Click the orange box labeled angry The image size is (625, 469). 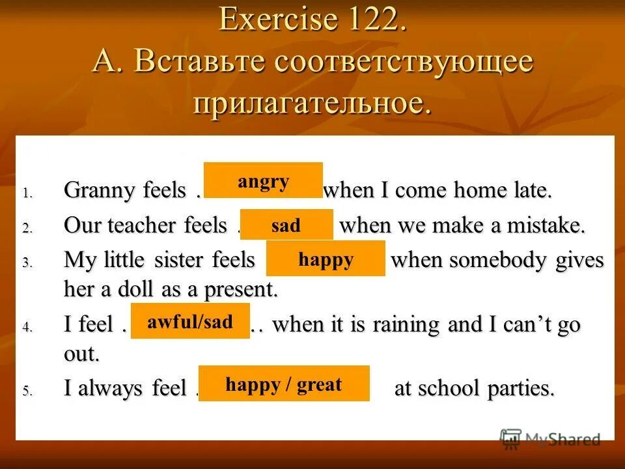[x=263, y=180]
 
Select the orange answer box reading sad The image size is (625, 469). [x=286, y=225]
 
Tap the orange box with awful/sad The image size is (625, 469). [x=190, y=321]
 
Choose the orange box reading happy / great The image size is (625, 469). [x=284, y=384]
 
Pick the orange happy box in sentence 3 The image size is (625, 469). [x=326, y=259]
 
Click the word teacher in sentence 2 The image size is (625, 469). [x=146, y=226]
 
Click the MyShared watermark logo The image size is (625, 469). [x=549, y=439]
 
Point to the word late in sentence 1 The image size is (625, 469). [x=533, y=192]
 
